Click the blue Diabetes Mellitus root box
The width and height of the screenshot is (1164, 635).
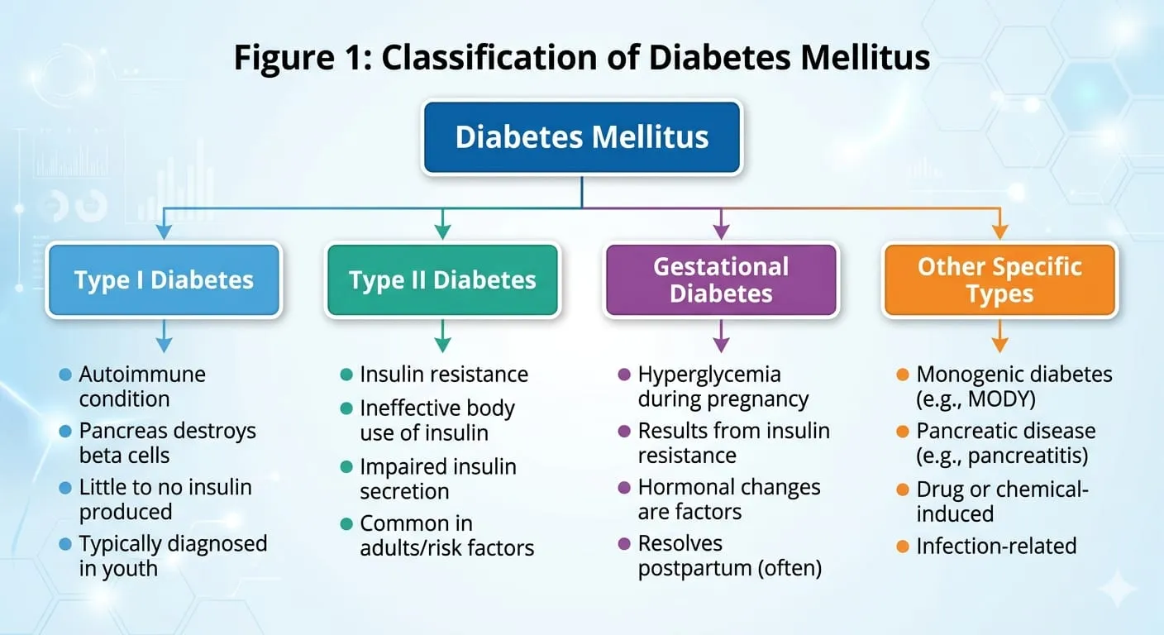pyautogui.click(x=581, y=137)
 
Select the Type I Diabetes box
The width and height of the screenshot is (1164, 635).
pyautogui.click(x=164, y=280)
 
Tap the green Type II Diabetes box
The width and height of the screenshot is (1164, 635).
pyautogui.click(x=442, y=280)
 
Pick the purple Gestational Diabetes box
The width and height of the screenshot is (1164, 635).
pyautogui.click(x=721, y=280)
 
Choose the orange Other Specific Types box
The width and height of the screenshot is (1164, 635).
pyautogui.click(x=999, y=280)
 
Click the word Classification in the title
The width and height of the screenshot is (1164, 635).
pyautogui.click(x=489, y=57)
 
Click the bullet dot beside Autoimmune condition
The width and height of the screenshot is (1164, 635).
pyautogui.click(x=65, y=375)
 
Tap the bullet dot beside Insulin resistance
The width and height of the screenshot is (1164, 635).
pyautogui.click(x=346, y=375)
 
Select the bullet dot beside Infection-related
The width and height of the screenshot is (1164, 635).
pyautogui.click(x=903, y=547)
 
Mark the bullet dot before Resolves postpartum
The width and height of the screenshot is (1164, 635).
pyautogui.click(x=624, y=544)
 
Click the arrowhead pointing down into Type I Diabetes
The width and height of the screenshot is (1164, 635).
pyautogui.click(x=164, y=232)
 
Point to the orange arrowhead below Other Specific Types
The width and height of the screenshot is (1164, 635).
pyautogui.click(x=999, y=345)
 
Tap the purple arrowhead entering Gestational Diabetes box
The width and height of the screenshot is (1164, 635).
pyautogui.click(x=721, y=232)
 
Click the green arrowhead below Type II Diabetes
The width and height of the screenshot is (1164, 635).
pyautogui.click(x=442, y=345)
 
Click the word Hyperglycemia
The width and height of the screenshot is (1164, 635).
pyautogui.click(x=709, y=375)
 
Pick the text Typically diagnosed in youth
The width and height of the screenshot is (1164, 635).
pyautogui.click(x=173, y=556)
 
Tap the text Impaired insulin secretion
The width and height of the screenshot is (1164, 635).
pyautogui.click(x=438, y=479)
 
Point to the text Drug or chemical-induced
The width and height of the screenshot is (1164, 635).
pyautogui.click(x=1003, y=501)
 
